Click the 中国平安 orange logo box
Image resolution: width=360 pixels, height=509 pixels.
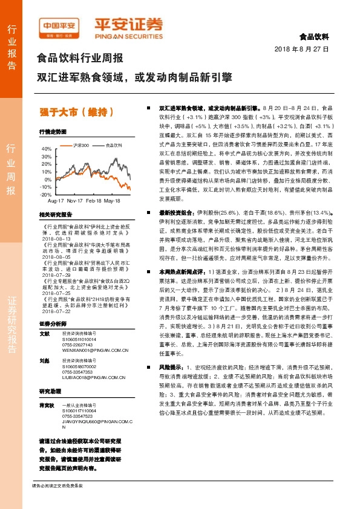click(x=60, y=27)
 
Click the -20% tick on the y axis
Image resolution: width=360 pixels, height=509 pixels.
click(x=47, y=195)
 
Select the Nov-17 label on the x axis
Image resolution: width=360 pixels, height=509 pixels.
click(x=75, y=200)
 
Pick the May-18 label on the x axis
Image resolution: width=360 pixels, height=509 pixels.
click(x=113, y=200)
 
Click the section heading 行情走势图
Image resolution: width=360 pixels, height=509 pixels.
click(x=51, y=131)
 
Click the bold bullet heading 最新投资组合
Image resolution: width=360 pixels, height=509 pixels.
click(x=175, y=213)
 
